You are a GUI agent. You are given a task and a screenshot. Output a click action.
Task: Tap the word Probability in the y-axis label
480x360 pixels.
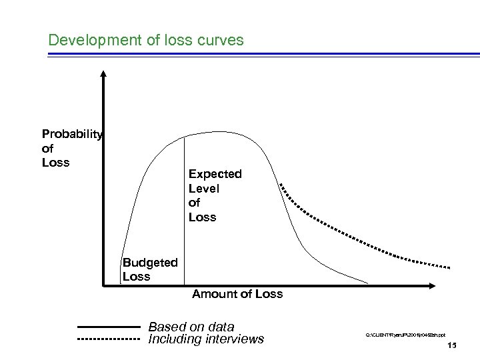tap(72, 135)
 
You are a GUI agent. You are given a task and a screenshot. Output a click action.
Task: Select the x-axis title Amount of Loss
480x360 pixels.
tap(237, 294)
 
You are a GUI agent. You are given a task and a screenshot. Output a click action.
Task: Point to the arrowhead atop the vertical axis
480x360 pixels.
tap(104, 74)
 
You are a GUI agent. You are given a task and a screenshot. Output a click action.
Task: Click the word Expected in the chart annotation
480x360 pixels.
tap(215, 174)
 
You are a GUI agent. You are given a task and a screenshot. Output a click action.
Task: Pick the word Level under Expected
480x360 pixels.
tap(203, 189)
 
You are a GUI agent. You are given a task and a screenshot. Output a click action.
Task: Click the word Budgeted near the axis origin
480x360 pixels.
tap(150, 262)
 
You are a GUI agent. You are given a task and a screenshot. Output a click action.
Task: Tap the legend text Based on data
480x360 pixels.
tap(191, 327)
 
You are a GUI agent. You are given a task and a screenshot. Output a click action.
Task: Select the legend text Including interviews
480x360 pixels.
tap(206, 339)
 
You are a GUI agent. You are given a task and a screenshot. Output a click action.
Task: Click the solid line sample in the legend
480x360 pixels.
tap(107, 327)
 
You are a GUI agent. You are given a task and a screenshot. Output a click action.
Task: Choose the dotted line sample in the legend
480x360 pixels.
tap(107, 340)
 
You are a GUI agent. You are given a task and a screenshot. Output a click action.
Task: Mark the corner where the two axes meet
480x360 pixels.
tap(104, 287)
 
